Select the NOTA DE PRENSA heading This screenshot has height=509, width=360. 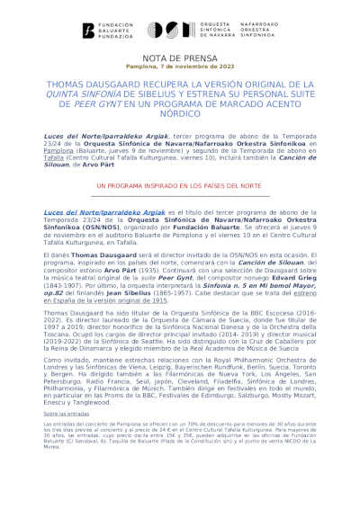179,57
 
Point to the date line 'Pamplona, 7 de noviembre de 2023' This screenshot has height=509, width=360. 179,67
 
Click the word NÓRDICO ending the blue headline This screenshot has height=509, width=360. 180,112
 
